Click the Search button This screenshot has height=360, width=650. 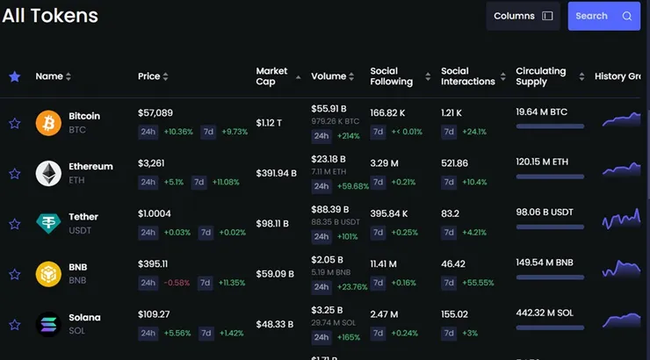click(603, 16)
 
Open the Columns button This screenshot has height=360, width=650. click(523, 16)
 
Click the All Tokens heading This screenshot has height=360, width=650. click(50, 16)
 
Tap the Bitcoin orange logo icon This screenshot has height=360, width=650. click(48, 123)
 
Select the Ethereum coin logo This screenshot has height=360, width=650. click(48, 174)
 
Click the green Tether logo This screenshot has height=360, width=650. click(48, 224)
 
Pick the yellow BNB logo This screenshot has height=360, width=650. click(48, 274)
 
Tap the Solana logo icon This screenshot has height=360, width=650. click(48, 325)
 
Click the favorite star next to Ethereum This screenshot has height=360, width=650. click(14, 174)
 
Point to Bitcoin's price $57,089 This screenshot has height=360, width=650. click(155, 113)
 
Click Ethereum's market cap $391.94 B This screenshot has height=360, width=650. click(276, 174)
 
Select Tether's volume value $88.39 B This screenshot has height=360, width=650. click(330, 210)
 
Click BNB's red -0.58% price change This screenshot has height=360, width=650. click(177, 284)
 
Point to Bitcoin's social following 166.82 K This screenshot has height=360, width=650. click(388, 113)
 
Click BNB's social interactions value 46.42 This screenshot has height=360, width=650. click(453, 263)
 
